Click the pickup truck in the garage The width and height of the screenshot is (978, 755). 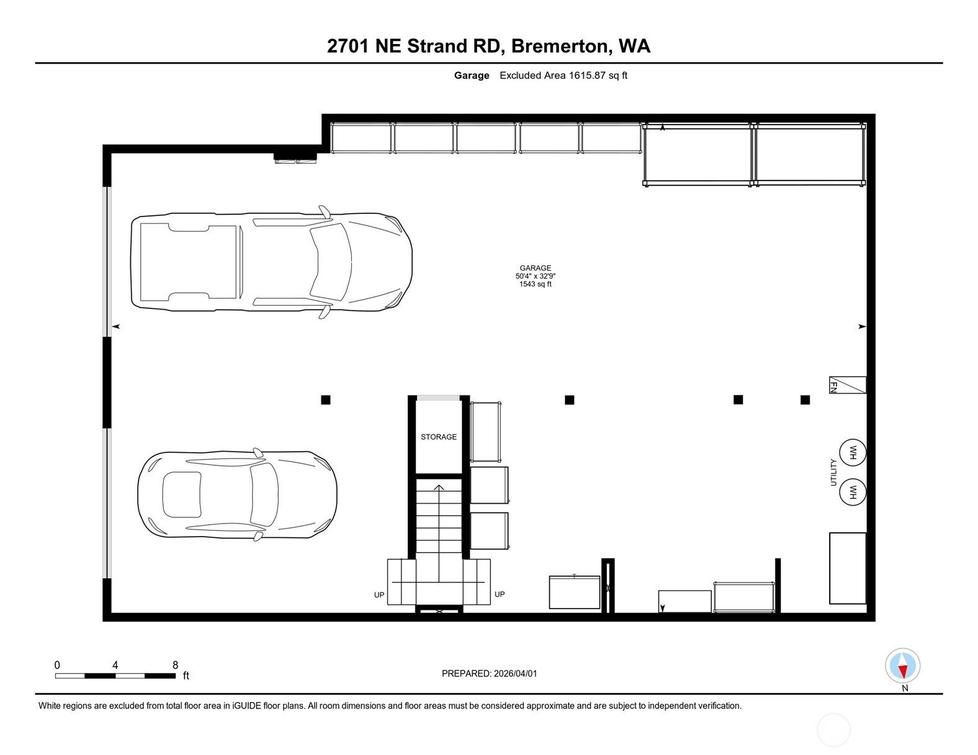coord(271,262)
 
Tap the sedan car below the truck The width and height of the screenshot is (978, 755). coord(237,494)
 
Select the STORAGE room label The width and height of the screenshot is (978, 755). coord(438,437)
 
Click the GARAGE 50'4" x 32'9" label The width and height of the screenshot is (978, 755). coord(535,276)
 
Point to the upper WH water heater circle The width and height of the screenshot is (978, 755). coord(852,453)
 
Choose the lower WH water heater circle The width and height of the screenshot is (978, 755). coord(852,493)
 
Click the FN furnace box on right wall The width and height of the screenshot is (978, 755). coord(847,385)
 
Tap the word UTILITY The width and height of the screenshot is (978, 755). coord(833,473)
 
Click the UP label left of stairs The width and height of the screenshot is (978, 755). coord(379,595)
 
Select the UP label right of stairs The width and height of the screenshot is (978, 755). coord(500,594)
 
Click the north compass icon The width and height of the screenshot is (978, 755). coord(902,666)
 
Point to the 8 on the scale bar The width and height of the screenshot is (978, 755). coord(176,665)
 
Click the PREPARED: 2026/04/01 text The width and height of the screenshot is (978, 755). coord(489,674)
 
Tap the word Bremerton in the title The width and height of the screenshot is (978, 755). coord(560,46)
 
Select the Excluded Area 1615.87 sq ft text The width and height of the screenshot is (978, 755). coord(563,76)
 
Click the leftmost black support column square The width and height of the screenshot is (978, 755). coord(326,400)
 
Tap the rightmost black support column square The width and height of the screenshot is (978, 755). coord(805,400)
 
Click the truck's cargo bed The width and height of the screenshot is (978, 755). coord(188,262)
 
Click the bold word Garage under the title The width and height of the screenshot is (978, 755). coord(472,76)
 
